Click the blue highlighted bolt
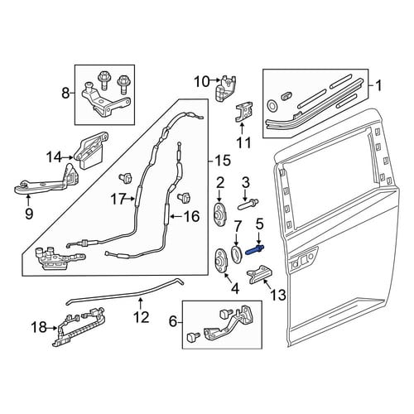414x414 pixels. click(255, 249)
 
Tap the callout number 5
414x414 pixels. click(259, 224)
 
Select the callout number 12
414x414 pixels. click(142, 316)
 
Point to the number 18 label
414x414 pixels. click(39, 328)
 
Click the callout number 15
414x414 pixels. click(223, 161)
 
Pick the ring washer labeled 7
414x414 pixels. click(236, 253)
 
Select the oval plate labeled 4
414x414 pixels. click(222, 260)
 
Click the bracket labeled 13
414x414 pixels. click(258, 274)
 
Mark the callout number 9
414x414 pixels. click(28, 213)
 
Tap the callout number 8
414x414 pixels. click(65, 93)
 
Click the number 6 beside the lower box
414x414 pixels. click(173, 321)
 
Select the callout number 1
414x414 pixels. click(379, 85)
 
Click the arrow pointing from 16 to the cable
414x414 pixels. click(175, 217)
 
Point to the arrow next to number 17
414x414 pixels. click(130, 198)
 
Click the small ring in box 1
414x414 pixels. click(272, 105)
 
